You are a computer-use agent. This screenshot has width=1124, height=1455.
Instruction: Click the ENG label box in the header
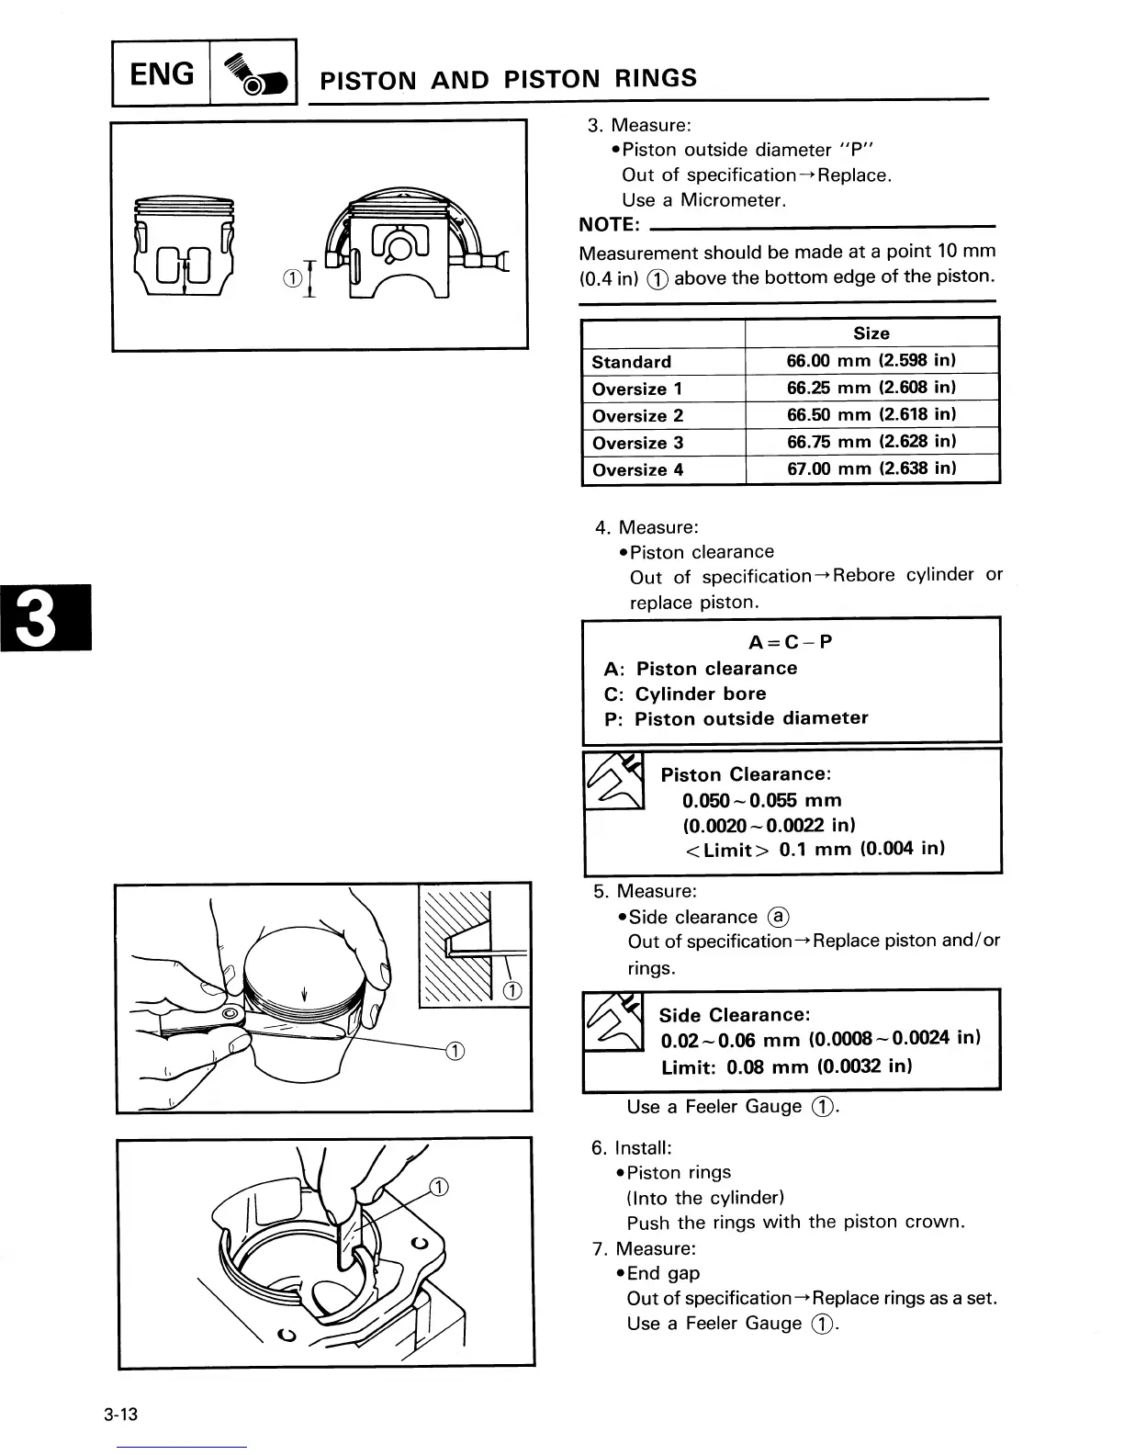(x=162, y=73)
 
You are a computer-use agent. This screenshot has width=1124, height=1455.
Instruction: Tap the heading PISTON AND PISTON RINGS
(x=508, y=79)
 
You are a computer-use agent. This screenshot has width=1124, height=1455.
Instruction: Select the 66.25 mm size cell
(x=871, y=388)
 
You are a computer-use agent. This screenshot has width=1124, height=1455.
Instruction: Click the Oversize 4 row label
(x=637, y=469)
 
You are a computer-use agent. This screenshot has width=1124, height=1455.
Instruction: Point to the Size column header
(x=871, y=333)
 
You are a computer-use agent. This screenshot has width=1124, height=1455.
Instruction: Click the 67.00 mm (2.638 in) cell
(x=871, y=468)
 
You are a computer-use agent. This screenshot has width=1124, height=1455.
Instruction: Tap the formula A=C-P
(x=791, y=641)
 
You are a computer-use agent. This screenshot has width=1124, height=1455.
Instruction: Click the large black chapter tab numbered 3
(x=45, y=616)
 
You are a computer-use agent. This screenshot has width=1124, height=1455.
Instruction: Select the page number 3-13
(x=120, y=1415)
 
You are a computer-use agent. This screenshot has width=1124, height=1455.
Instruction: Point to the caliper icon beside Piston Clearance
(x=613, y=781)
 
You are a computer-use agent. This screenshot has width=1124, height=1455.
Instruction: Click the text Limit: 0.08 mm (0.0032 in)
(x=786, y=1067)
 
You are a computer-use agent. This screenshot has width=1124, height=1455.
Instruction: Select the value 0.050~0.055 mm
(x=761, y=800)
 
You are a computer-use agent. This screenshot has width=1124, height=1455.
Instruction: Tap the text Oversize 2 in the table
(x=637, y=415)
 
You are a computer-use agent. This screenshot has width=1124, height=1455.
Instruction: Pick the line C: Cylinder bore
(x=685, y=694)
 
